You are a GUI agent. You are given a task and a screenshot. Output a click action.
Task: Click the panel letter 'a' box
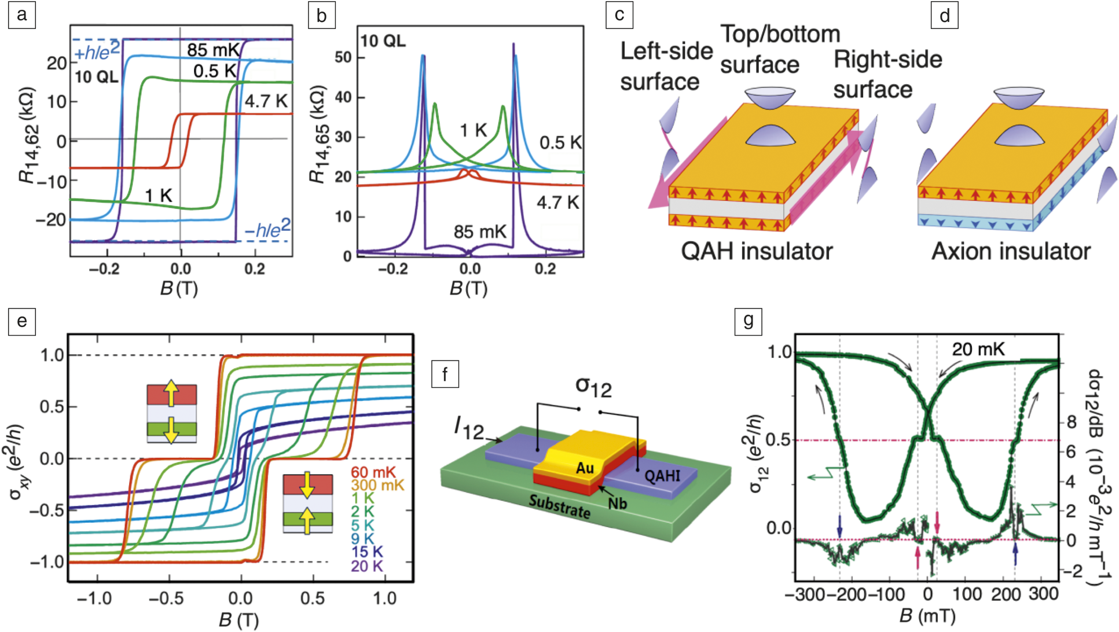(22, 15)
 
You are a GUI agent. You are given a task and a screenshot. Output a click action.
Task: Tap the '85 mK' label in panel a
(212, 50)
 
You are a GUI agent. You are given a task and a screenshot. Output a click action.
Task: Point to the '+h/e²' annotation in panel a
(97, 52)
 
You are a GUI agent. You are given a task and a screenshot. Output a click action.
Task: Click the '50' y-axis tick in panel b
(343, 57)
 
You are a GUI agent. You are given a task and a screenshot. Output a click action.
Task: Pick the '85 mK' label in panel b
(479, 232)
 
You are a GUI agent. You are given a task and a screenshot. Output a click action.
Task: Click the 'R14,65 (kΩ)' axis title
(318, 134)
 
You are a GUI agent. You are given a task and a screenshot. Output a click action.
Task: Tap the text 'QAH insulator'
(756, 251)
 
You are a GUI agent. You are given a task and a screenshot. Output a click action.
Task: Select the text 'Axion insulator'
(1011, 251)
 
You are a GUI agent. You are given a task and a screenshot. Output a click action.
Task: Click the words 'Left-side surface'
(666, 66)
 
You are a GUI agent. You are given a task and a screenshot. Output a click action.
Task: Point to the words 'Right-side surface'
(887, 74)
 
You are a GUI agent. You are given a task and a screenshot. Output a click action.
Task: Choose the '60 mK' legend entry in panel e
(373, 473)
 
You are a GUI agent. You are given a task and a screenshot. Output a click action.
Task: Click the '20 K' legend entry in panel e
(366, 565)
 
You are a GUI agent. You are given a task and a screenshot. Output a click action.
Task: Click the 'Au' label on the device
(585, 468)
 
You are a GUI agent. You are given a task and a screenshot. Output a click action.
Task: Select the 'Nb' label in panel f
(617, 504)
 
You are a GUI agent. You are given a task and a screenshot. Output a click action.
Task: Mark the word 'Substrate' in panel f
(559, 506)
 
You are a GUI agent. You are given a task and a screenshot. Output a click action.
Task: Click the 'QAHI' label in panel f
(662, 476)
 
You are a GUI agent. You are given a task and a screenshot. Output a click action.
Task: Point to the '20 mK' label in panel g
(978, 350)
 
